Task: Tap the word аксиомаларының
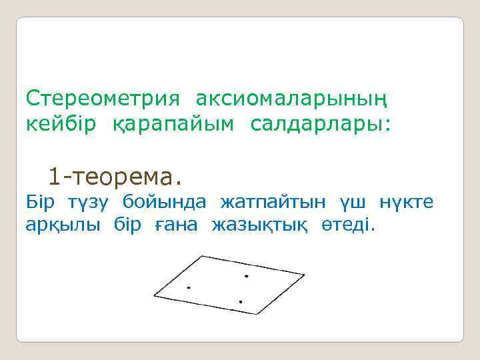(x=291, y=99)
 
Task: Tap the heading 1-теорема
(x=114, y=177)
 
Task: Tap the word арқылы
(x=63, y=225)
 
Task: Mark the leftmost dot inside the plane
(x=189, y=288)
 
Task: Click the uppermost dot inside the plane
(x=246, y=275)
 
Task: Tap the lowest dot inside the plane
(x=240, y=302)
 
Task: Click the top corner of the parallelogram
(x=203, y=256)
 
